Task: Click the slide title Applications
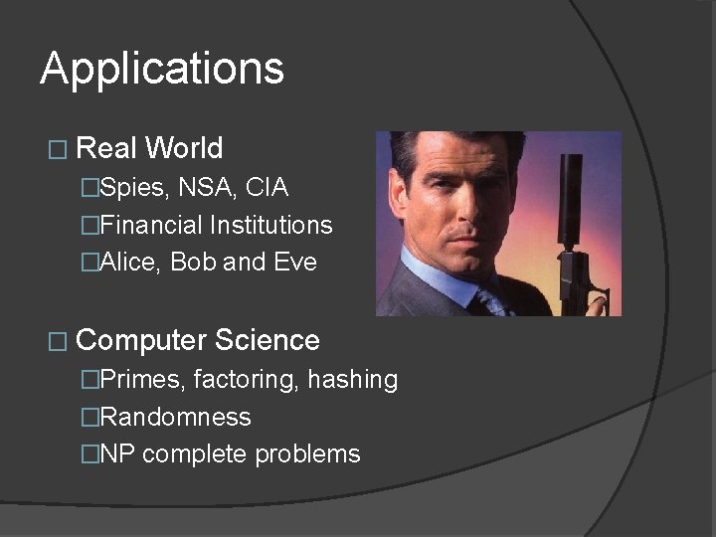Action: coord(162,70)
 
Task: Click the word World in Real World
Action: coord(183,149)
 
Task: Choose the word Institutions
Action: coord(270,226)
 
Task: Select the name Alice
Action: coord(132,263)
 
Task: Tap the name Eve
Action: coord(295,263)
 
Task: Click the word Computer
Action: coord(142,341)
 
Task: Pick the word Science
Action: coord(268,341)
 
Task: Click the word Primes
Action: coord(142,380)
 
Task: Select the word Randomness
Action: coord(175,417)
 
